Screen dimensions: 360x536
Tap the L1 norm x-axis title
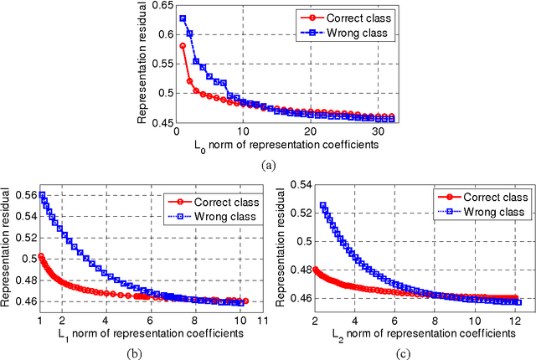[138, 333]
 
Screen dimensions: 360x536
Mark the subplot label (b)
[138, 352]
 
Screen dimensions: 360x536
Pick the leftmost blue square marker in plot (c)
[323, 205]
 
